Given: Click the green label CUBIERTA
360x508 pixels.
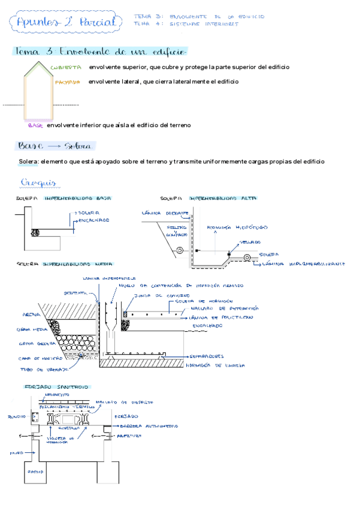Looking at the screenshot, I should coord(66,68).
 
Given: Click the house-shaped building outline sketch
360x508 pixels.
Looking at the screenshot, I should coord(39,90).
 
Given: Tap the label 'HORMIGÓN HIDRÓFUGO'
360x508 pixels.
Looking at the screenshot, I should coord(237,228).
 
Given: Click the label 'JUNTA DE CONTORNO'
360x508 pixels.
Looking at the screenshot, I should coord(157,295).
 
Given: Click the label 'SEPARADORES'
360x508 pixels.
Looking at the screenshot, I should coord(205,354).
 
